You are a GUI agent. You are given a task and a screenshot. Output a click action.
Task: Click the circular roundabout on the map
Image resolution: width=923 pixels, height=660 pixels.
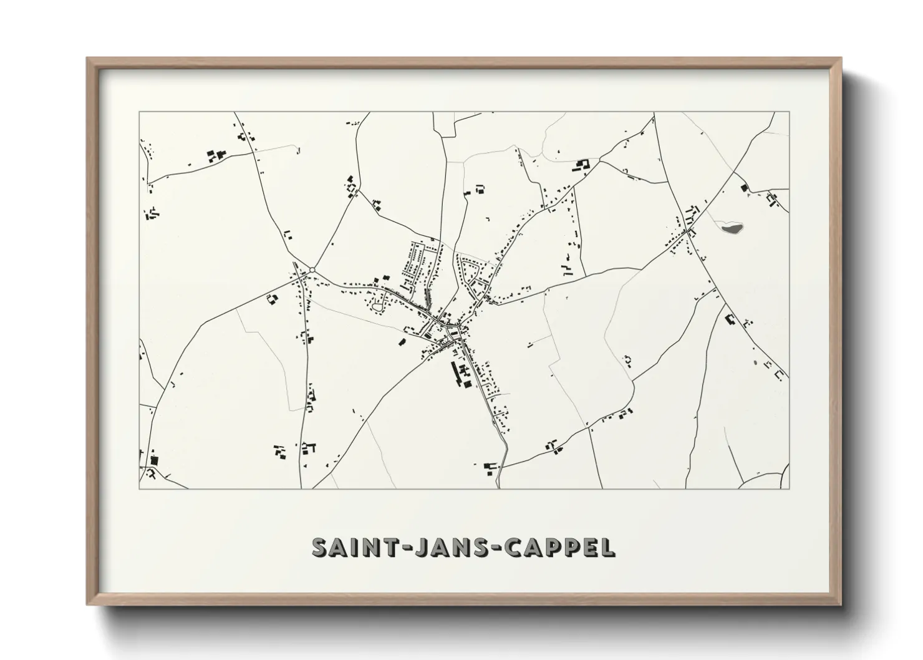tap(312, 269)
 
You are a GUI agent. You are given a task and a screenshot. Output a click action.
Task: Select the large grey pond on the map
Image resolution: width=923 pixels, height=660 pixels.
tap(732, 228)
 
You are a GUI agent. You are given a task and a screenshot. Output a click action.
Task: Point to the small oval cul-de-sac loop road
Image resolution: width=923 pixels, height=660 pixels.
tap(378, 306)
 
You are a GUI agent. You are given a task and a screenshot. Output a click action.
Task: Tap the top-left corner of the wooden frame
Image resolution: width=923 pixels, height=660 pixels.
tap(87, 59)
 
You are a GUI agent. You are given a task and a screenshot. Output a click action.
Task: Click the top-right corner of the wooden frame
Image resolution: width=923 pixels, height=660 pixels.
tap(841, 59)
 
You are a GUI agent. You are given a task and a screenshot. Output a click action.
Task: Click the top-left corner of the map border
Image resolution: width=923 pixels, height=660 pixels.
tap(139, 112)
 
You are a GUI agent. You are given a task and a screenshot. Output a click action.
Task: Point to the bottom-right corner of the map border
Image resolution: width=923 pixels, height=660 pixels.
tap(789, 488)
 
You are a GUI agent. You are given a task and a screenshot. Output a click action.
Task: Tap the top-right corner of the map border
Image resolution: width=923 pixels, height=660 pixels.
tap(789, 112)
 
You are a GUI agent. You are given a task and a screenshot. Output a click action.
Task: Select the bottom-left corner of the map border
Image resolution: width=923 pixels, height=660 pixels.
tap(139, 488)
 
